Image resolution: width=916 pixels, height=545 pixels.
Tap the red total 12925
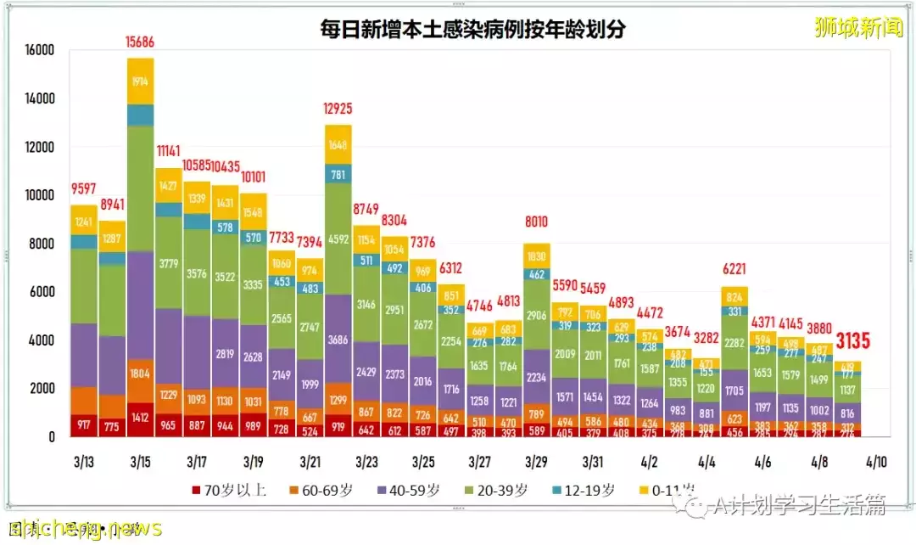click(x=338, y=109)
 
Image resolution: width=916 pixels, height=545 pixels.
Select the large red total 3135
click(x=852, y=341)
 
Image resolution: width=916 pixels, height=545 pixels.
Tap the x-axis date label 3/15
click(x=140, y=463)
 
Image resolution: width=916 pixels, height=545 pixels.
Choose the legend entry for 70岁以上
click(x=230, y=491)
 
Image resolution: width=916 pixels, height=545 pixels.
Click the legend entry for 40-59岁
click(x=411, y=491)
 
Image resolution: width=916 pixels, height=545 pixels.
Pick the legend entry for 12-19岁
click(x=584, y=491)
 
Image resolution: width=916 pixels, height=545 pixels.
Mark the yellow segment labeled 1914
click(x=140, y=81)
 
